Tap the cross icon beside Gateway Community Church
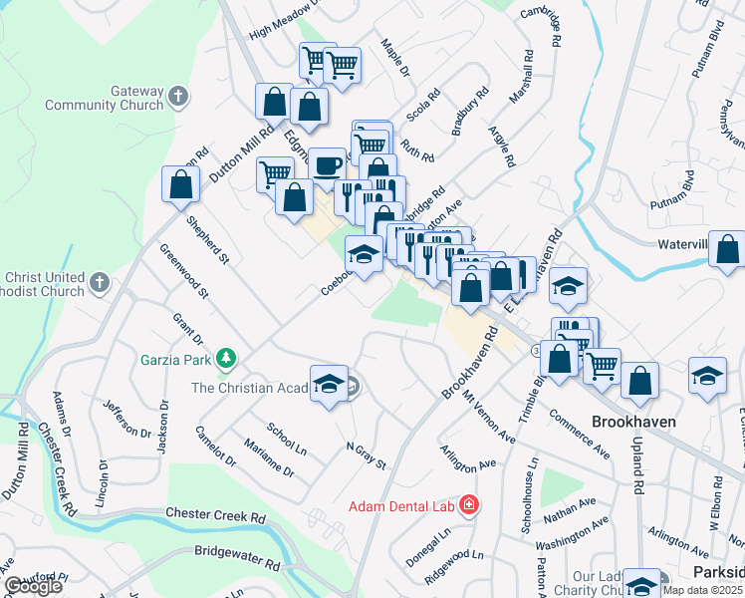click(178, 97)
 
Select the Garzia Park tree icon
click(227, 357)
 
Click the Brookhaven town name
click(634, 422)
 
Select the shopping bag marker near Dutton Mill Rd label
click(180, 184)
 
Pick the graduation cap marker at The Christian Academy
click(328, 384)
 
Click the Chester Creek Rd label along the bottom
click(215, 516)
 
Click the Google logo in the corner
click(33, 587)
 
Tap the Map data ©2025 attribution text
click(703, 590)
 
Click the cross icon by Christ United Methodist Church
click(99, 284)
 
